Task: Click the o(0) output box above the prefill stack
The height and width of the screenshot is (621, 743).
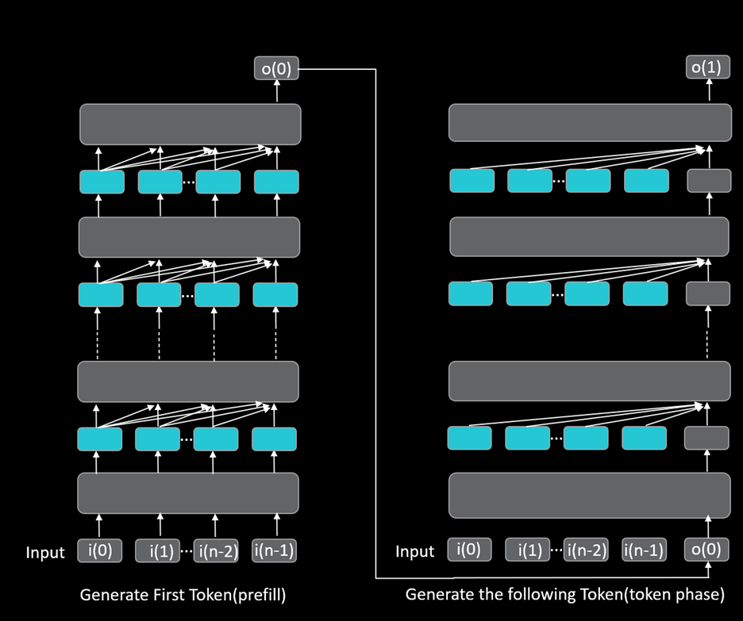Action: (276, 69)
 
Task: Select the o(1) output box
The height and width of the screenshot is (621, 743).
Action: (706, 67)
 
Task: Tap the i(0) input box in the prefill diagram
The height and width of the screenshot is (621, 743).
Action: (99, 550)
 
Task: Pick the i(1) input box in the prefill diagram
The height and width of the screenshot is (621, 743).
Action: (157, 551)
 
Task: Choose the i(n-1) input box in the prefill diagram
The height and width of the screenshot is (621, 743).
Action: (274, 550)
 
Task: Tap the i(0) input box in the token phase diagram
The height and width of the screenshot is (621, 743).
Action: (469, 550)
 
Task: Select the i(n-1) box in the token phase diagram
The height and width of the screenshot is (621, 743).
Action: (644, 550)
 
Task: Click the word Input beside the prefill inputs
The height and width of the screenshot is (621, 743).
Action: (45, 553)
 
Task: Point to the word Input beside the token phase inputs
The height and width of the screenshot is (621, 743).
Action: (415, 552)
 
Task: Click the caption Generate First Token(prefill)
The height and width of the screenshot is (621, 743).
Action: (183, 594)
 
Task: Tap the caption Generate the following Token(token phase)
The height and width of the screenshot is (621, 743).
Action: (564, 594)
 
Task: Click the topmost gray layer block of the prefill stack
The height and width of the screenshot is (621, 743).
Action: (190, 125)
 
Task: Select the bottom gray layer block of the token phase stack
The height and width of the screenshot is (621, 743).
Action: (588, 496)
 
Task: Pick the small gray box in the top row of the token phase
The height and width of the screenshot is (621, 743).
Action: (708, 181)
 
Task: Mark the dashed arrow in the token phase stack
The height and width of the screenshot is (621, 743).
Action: (706, 333)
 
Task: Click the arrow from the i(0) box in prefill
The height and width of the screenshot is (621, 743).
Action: (99, 525)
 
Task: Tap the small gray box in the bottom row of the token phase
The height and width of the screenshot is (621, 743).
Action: (706, 438)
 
